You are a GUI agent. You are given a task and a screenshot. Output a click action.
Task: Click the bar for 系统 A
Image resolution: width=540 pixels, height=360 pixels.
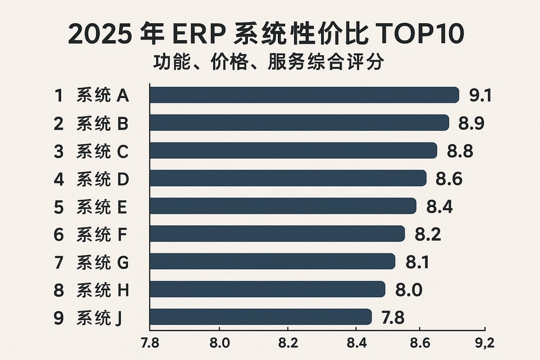[304, 95]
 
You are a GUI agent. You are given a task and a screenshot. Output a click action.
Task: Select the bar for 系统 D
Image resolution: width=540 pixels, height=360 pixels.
[288, 178]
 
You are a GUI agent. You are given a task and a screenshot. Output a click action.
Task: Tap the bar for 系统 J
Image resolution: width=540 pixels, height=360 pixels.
[261, 317]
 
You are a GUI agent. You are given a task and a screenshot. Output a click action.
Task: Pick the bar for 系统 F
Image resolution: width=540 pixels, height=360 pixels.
[277, 233]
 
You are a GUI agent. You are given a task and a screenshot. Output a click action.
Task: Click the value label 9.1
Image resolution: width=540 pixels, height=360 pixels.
[480, 95]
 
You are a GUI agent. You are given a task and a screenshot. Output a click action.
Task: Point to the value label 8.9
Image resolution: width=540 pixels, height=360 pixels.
[471, 123]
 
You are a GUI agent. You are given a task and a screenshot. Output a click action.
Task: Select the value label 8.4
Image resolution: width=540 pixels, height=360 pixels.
[439, 207]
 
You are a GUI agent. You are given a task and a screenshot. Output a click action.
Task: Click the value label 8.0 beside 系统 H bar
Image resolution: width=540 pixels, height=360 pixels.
[409, 290]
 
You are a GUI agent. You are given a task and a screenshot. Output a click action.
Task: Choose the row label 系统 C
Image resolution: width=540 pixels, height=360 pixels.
[102, 151]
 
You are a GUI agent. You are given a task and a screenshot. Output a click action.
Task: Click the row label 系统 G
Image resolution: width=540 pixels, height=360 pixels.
[102, 262]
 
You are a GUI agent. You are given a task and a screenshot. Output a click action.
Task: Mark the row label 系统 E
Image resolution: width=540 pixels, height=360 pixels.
[102, 207]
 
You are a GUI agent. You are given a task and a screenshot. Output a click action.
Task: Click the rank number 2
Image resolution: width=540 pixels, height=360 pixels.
[59, 123]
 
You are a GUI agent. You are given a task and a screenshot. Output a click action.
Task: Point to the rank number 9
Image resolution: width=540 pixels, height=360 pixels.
[59, 317]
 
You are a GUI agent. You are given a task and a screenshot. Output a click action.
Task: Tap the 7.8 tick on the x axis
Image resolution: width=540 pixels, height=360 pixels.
[150, 344]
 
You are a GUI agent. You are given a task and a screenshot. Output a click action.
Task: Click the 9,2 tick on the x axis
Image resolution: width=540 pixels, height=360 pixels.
[483, 344]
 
